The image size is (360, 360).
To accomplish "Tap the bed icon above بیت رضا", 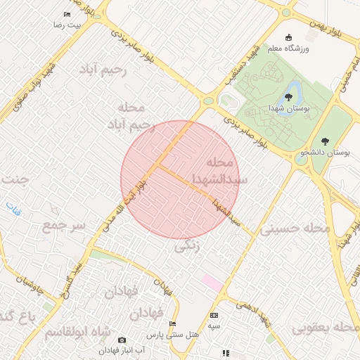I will pyautogui.click(x=67, y=14).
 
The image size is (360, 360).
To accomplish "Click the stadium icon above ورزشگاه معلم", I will pyautogui.click(x=288, y=37).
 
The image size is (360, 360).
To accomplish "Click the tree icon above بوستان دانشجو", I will pyautogui.click(x=324, y=141).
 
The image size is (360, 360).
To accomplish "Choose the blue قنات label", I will pyautogui.click(x=13, y=207).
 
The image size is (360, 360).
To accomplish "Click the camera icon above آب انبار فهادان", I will pyautogui.click(x=122, y=340).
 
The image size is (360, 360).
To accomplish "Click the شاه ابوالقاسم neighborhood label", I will pyautogui.click(x=77, y=331).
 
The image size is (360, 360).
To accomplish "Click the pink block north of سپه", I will pyautogui.click(x=212, y=281).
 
